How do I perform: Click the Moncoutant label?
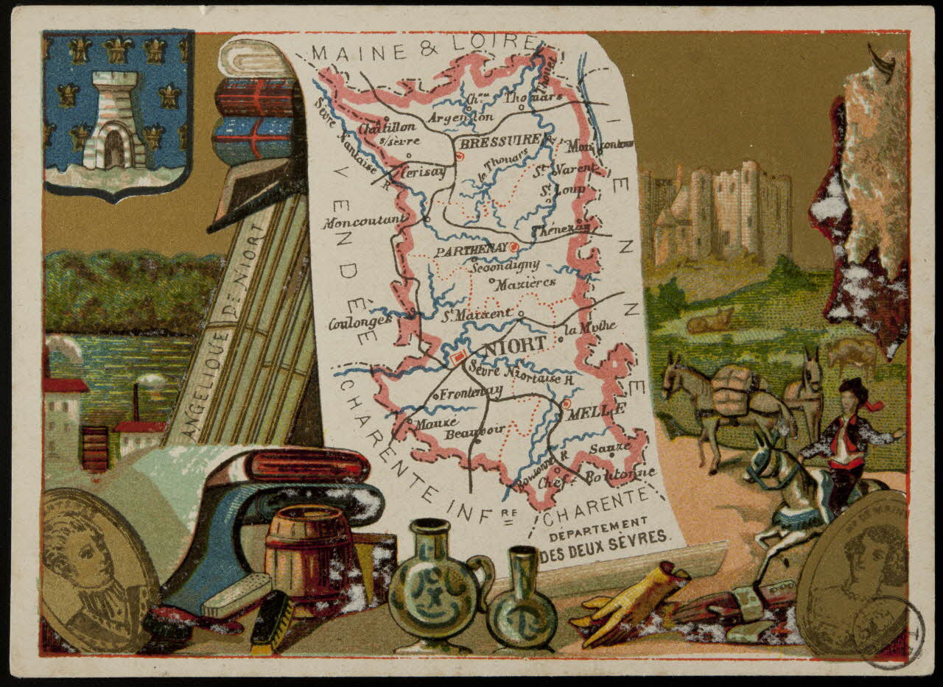pos(364,219)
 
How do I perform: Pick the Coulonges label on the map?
pos(360,322)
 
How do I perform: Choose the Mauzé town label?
pos(436,423)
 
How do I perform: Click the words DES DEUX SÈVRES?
pos(605,537)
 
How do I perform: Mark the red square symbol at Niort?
pos(458,357)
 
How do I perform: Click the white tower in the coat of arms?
pos(114,121)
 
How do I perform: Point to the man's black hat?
pos(852,387)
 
